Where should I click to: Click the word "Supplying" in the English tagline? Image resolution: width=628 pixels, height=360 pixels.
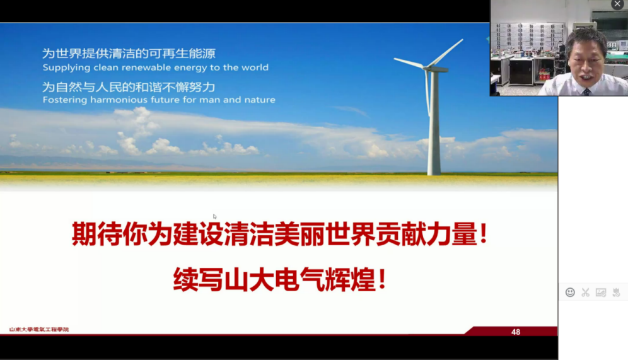point(61,67)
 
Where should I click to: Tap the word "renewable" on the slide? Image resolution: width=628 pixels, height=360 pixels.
point(146,67)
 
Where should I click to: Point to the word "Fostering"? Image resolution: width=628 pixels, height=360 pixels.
point(64,100)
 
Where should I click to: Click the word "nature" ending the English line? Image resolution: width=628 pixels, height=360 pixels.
point(262,100)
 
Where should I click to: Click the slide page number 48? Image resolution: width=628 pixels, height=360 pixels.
point(516,332)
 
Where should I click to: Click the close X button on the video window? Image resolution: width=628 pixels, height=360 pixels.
point(617,4)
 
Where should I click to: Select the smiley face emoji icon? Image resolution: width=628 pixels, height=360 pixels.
point(570,293)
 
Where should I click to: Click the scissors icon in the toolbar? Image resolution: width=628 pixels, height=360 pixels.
point(586,293)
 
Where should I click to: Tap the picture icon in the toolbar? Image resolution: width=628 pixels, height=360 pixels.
point(601,293)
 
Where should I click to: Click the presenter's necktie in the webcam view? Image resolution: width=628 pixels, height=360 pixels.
point(587,93)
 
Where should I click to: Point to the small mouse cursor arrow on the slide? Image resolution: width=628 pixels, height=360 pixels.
point(214,217)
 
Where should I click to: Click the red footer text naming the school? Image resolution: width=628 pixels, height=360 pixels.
point(39,330)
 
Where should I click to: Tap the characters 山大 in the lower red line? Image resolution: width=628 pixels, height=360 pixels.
point(249,279)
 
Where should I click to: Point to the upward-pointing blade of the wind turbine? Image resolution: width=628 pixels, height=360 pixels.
point(446,52)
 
